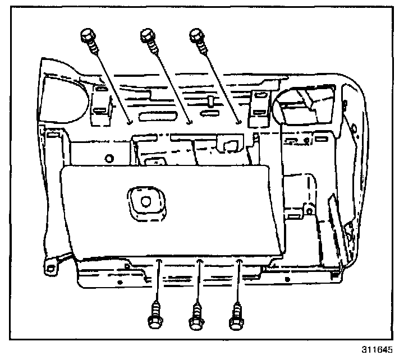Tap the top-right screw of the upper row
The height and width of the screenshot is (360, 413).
(x=196, y=35)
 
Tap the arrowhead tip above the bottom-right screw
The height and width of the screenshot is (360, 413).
(x=240, y=260)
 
